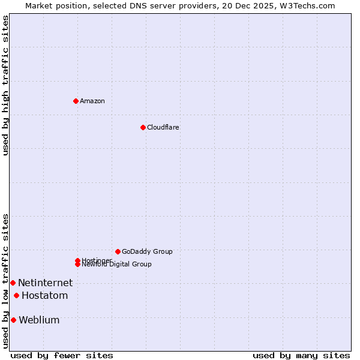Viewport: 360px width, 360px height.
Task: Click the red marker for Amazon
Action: (76, 101)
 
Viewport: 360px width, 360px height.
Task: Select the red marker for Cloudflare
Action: (143, 127)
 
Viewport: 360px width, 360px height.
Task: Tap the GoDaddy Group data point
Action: (118, 251)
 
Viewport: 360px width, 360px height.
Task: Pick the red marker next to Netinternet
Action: (13, 283)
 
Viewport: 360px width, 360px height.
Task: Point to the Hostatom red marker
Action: (16, 295)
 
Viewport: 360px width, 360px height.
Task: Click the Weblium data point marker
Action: (13, 320)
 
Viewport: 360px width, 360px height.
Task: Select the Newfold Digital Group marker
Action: (77, 264)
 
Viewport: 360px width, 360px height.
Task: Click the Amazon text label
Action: (92, 101)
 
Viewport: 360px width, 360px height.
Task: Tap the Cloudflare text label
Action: (163, 127)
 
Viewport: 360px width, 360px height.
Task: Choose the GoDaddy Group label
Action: (147, 251)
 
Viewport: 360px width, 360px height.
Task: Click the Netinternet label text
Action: (45, 283)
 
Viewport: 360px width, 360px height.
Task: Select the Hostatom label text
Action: (44, 295)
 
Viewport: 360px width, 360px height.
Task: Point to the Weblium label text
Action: (39, 320)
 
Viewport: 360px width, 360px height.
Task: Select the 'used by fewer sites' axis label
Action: (62, 355)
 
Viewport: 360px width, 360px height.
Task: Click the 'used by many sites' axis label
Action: (301, 355)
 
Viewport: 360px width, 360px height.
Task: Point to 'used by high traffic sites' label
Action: (5, 85)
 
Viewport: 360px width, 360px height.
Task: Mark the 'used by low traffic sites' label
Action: (5, 281)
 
